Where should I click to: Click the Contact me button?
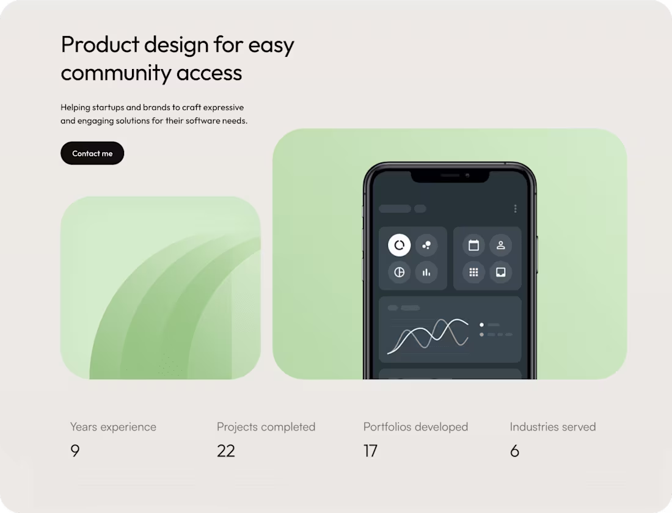92,153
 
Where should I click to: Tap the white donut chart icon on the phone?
399,246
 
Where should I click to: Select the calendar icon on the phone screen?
473,246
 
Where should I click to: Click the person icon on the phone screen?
500,246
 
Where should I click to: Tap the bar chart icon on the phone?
426,272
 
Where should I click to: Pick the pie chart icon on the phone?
399,272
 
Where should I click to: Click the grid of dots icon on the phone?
473,272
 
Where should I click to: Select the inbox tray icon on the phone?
500,272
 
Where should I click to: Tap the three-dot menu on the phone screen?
516,209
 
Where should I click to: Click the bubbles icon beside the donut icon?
426,246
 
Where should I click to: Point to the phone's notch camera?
467,176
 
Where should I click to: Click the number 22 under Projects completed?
225,451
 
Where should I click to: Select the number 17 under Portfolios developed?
370,451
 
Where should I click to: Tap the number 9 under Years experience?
75,451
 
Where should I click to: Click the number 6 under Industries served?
514,451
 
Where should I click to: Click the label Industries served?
552,427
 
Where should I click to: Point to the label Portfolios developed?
415,427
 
